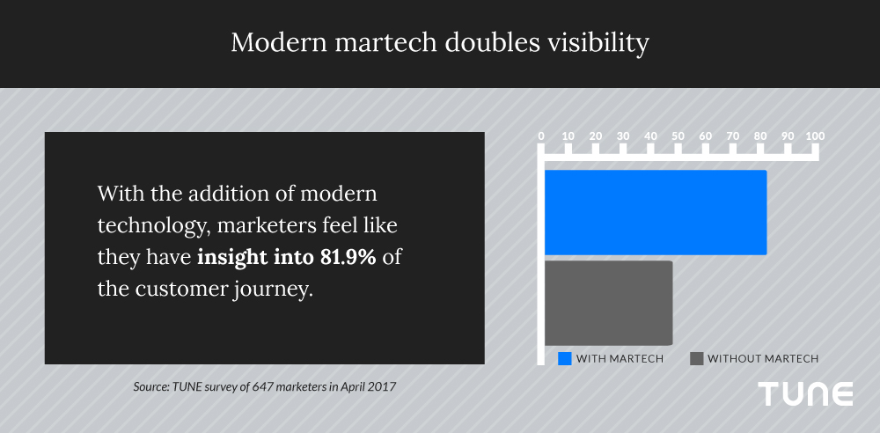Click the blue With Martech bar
pyautogui.click(x=655, y=212)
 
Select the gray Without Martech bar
pyautogui.click(x=608, y=303)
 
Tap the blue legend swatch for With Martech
pyautogui.click(x=565, y=358)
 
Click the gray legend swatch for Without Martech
pyautogui.click(x=697, y=358)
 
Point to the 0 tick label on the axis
pyautogui.click(x=541, y=136)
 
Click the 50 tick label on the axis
pyautogui.click(x=678, y=136)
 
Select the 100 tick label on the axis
pyautogui.click(x=815, y=136)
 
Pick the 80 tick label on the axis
pyautogui.click(x=760, y=136)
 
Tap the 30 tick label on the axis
pyautogui.click(x=623, y=136)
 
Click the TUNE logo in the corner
pyautogui.click(x=805, y=394)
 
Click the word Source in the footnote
pyautogui.click(x=150, y=386)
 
